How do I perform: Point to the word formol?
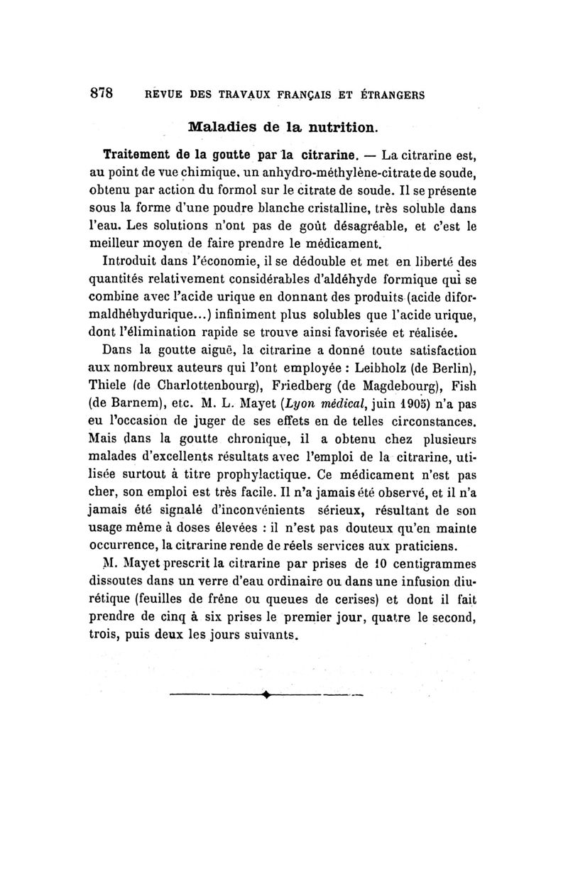(240, 191)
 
